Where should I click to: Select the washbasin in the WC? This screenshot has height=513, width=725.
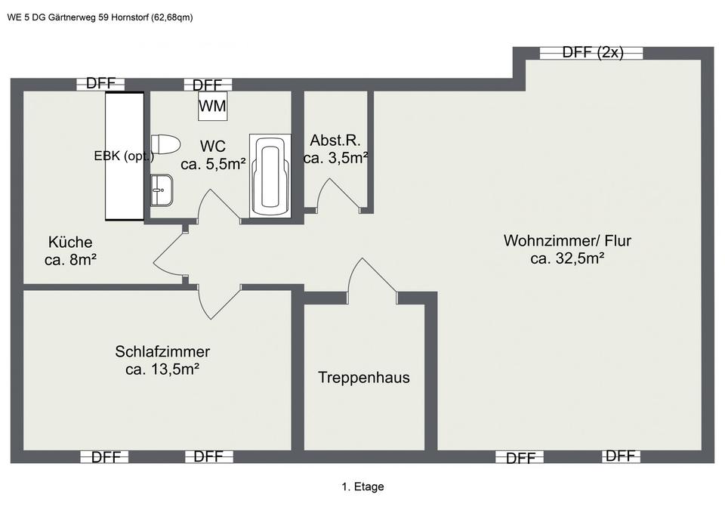[x=162, y=189]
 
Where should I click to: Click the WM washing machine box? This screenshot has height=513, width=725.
[x=212, y=107]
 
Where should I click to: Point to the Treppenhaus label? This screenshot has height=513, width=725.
[x=364, y=377]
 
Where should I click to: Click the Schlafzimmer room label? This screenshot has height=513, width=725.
[x=162, y=351]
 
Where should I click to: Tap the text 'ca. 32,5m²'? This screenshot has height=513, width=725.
[x=567, y=258]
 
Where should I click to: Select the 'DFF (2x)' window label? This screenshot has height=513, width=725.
[x=593, y=52]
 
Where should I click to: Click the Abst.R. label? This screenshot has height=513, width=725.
[x=335, y=140]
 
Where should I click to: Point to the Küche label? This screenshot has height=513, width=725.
[x=70, y=243]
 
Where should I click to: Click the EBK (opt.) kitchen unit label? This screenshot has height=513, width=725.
[x=124, y=156]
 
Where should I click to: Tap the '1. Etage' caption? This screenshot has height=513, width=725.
[x=362, y=487]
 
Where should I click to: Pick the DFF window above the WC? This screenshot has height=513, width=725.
[x=208, y=85]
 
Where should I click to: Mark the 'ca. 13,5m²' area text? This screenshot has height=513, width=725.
[x=162, y=369]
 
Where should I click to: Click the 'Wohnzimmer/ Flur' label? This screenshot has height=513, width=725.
[x=567, y=241]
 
